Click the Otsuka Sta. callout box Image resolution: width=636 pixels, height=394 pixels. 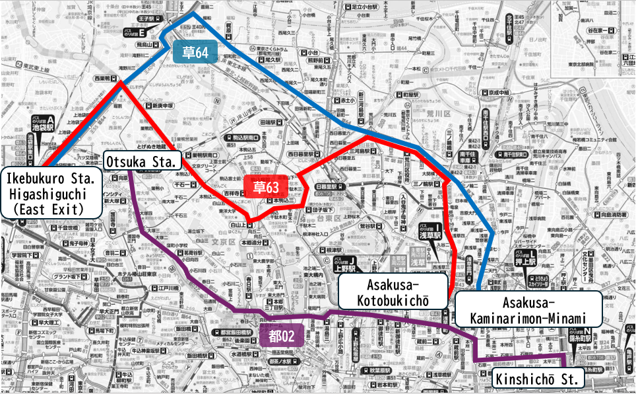(x=142, y=161)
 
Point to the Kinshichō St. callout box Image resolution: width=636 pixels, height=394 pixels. (x=538, y=379)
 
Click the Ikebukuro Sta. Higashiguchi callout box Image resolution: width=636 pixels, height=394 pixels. (x=51, y=193)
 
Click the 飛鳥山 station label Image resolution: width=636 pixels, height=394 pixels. (x=146, y=45)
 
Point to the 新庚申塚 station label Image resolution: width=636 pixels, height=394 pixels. (x=159, y=106)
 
